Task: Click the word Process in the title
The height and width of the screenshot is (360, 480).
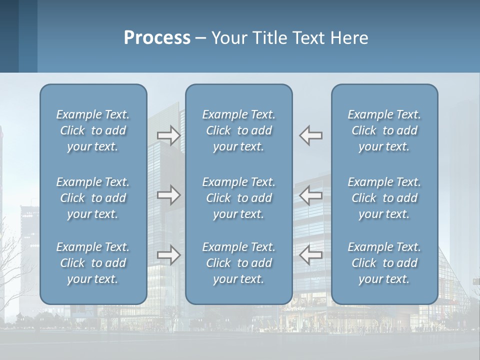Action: (157, 38)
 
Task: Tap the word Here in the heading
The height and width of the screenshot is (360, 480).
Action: (349, 38)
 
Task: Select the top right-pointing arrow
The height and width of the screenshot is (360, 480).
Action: (168, 135)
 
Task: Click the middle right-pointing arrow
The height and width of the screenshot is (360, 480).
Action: (168, 195)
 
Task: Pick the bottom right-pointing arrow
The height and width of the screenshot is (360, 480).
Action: (168, 255)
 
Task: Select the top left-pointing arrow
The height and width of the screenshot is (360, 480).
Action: (311, 135)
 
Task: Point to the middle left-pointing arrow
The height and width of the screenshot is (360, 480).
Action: (311, 195)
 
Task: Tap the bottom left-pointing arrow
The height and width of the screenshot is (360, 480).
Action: (311, 255)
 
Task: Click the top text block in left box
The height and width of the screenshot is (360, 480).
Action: (93, 130)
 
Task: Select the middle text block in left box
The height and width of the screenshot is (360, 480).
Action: (93, 198)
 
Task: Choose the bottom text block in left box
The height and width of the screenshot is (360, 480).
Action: (93, 263)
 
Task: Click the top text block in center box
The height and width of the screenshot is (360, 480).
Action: (238, 130)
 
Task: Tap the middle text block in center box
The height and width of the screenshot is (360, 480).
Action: (238, 198)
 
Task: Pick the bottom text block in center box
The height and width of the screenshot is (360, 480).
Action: (238, 263)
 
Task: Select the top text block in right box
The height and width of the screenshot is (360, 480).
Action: (384, 130)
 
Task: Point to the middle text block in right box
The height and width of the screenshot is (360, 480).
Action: (384, 198)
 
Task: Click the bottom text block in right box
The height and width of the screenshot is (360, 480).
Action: (384, 263)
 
